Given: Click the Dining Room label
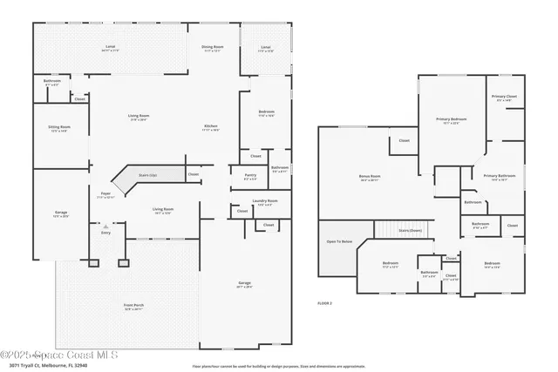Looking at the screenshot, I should click(x=213, y=47).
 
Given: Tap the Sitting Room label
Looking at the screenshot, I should click(x=59, y=127).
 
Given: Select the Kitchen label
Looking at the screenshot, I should click(x=210, y=127).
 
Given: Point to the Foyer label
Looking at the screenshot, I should click(x=105, y=194).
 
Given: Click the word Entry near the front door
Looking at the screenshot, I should click(x=106, y=233).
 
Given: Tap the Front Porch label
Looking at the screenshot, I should click(x=133, y=307).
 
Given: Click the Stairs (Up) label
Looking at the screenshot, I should click(x=147, y=174).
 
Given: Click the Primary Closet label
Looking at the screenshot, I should click(x=504, y=98).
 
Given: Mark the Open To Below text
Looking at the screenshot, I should click(x=339, y=241).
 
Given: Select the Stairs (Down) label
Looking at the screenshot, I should click(x=410, y=230).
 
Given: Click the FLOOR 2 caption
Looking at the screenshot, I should click(x=325, y=302).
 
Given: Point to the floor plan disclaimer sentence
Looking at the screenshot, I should click(x=278, y=366).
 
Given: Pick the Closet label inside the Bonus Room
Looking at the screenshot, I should click(x=404, y=140).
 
